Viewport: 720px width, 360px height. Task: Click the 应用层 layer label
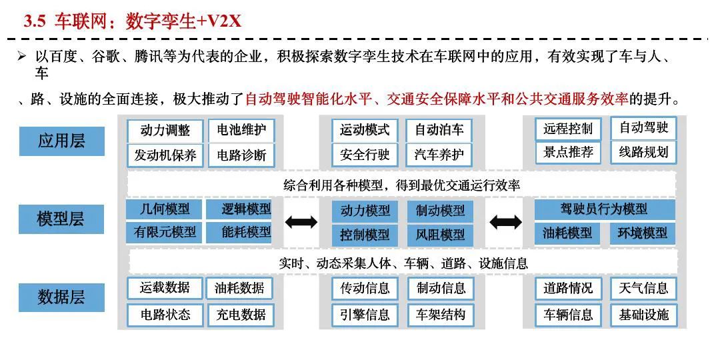point(61,141)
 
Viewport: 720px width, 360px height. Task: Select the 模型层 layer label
point(61,219)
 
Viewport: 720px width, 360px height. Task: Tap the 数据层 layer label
point(61,297)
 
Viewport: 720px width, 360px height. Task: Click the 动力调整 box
point(165,130)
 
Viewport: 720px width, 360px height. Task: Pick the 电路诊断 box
point(241,155)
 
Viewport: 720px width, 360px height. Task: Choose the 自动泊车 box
point(439,130)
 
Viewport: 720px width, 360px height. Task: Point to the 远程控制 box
point(568,129)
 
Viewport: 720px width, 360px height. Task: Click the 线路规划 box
point(643,152)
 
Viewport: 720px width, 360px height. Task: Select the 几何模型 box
point(165,209)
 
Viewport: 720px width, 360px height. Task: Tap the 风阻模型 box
point(440,235)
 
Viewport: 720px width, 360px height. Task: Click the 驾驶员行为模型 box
point(605,209)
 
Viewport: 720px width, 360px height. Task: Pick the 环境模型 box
point(643,233)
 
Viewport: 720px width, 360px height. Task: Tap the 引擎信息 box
point(365,315)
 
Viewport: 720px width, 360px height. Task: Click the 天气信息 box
point(643,288)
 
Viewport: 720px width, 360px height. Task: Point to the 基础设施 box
point(643,315)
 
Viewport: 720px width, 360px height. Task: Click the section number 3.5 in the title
point(34,21)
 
